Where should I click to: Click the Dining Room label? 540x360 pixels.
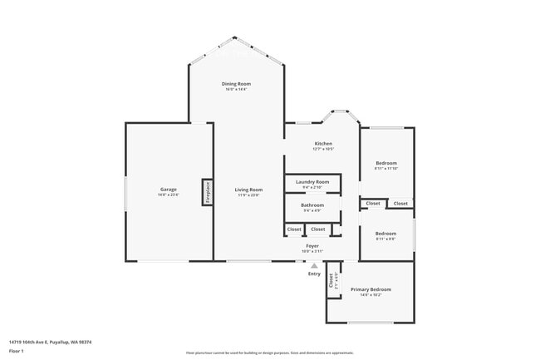pyautogui.click(x=236, y=84)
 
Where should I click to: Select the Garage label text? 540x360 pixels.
pyautogui.click(x=169, y=190)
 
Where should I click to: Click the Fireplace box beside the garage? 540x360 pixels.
pyautogui.click(x=207, y=192)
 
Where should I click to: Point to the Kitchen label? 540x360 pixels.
pyautogui.click(x=322, y=144)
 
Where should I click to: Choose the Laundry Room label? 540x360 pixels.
pyautogui.click(x=312, y=181)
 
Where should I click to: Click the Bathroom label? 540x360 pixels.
pyautogui.click(x=312, y=205)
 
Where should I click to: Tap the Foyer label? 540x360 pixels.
pyautogui.click(x=312, y=245)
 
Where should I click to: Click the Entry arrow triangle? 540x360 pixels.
pyautogui.click(x=314, y=265)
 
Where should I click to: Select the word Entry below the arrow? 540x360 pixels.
pyautogui.click(x=314, y=274)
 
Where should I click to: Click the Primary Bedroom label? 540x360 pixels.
pyautogui.click(x=371, y=289)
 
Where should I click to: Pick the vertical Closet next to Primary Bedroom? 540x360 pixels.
pyautogui.click(x=332, y=281)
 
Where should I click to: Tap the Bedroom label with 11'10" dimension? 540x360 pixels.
pyautogui.click(x=386, y=163)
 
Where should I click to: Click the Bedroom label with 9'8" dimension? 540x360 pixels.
pyautogui.click(x=386, y=234)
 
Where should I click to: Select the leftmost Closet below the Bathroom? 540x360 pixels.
pyautogui.click(x=294, y=229)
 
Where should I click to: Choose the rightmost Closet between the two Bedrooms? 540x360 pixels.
pyautogui.click(x=400, y=203)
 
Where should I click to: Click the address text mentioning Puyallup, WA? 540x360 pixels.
pyautogui.click(x=50, y=341)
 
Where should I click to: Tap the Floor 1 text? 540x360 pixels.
pyautogui.click(x=17, y=351)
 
